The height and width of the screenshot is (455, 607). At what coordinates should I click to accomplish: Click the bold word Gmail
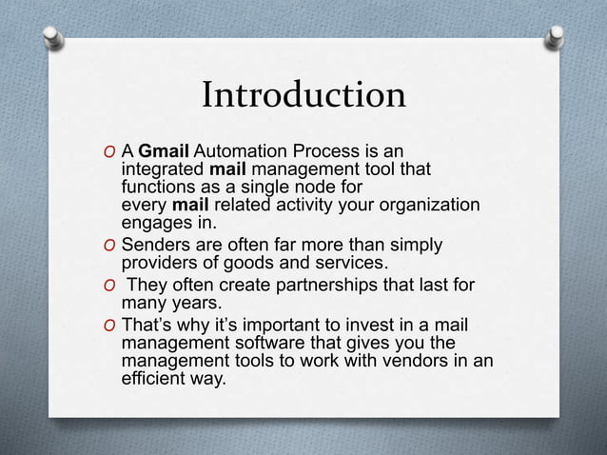tap(166, 152)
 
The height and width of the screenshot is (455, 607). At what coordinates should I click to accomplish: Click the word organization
tap(426, 207)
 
